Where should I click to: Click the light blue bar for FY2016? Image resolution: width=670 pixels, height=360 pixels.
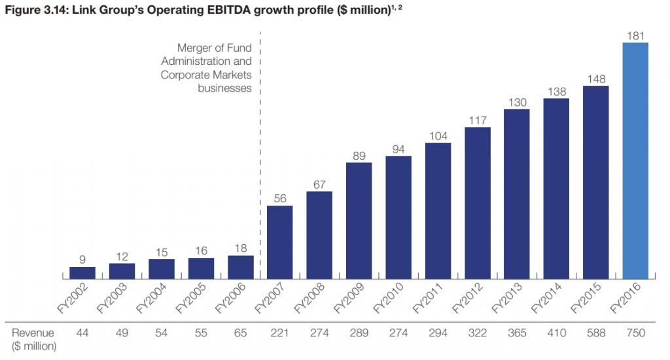(635, 161)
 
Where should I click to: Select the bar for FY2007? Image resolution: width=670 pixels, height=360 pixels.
(279, 242)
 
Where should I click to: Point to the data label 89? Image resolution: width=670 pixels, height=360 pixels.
(359, 155)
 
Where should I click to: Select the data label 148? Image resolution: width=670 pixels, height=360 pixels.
(595, 79)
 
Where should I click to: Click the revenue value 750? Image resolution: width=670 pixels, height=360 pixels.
(635, 333)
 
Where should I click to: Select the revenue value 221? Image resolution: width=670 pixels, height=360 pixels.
(279, 333)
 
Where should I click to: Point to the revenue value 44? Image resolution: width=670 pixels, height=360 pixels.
(82, 333)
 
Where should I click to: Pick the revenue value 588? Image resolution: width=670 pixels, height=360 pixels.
(595, 333)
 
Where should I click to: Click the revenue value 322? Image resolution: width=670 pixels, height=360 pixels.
(477, 333)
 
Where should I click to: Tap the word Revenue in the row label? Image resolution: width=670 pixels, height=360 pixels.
(33, 333)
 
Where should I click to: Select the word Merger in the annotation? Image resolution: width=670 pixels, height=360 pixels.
(194, 48)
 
